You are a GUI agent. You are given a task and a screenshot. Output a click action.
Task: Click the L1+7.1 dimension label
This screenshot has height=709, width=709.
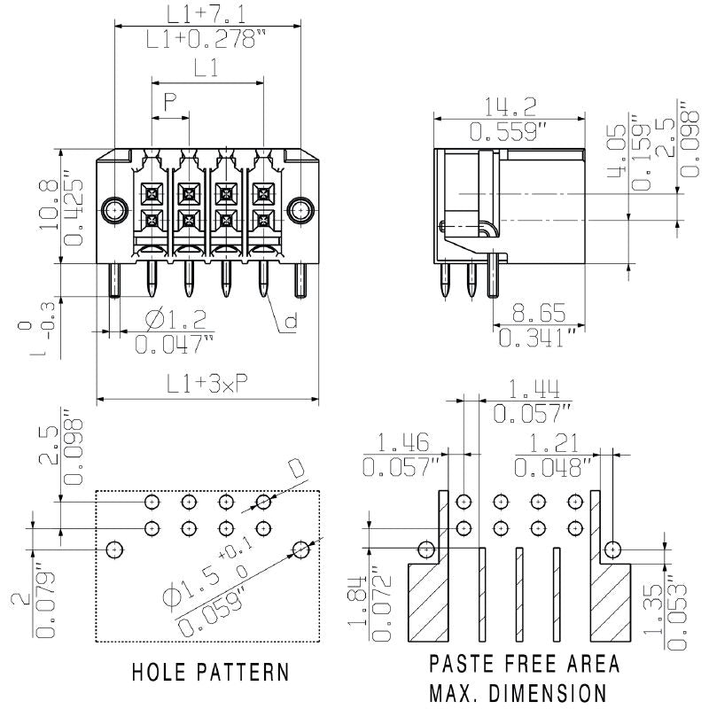click(206, 12)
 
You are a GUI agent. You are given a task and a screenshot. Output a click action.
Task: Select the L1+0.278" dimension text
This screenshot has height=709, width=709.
click(206, 39)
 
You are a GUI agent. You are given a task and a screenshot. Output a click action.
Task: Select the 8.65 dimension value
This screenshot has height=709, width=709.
click(541, 313)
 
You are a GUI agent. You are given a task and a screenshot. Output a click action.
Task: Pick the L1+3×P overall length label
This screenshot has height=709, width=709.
click(206, 383)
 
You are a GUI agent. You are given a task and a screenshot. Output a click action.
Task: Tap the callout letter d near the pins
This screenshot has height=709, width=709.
click(290, 323)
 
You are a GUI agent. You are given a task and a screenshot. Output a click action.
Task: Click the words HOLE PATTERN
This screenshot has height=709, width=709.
click(210, 672)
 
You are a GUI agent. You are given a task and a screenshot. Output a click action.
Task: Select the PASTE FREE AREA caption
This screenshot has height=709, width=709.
click(525, 665)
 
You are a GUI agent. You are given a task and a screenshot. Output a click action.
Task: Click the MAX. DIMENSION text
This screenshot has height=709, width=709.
click(518, 692)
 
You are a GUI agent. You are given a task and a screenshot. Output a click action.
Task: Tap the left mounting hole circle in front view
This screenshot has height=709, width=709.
click(113, 210)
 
